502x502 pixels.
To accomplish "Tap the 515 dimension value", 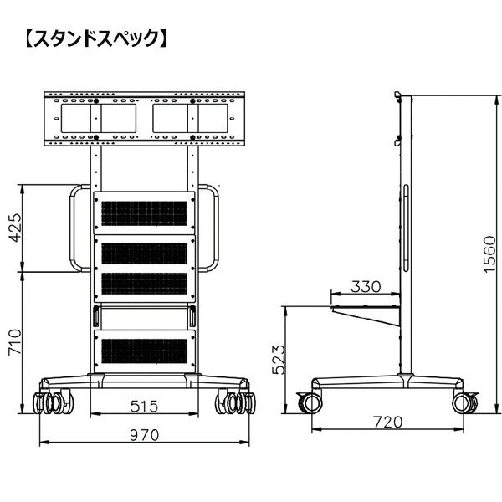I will pyautogui.click(x=144, y=407).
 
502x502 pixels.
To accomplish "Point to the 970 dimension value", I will pyautogui.click(x=145, y=435).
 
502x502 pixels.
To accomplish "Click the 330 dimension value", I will pyautogui.click(x=366, y=287).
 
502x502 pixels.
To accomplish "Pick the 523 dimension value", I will pyautogui.click(x=279, y=359).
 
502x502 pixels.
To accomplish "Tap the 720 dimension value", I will pyautogui.click(x=388, y=423).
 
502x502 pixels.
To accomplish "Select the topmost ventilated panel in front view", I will pyautogui.click(x=144, y=211).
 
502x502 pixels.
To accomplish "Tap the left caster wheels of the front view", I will pyautogui.click(x=51, y=402).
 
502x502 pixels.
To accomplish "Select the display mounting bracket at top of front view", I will pyautogui.click(x=144, y=118).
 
